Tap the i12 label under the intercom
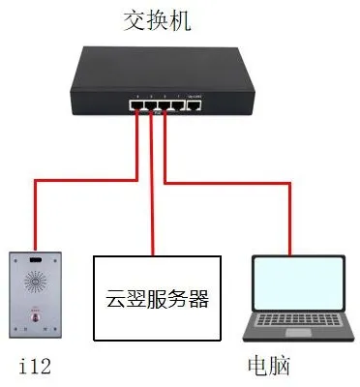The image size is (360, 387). pos(32,365)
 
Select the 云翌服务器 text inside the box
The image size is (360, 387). pos(157,298)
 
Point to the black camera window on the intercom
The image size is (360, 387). pos(35,262)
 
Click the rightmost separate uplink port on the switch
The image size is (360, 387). pos(195,105)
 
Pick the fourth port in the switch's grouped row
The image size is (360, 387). pos(176,105)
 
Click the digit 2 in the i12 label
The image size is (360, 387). pos(43,365)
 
